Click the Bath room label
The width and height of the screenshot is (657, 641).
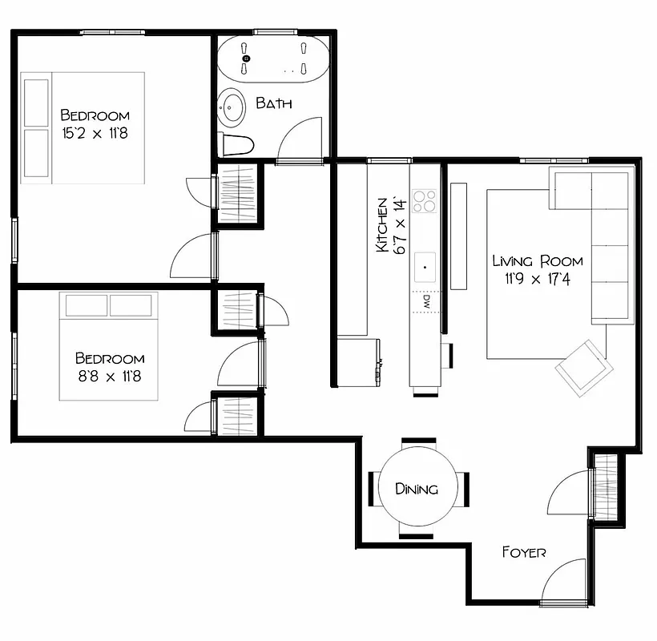coord(274,103)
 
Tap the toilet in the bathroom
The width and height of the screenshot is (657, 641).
coord(236,145)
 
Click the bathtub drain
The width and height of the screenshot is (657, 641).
coord(246,58)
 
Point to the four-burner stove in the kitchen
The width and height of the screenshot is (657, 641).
coord(424,200)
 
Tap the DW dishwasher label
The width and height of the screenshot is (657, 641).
coord(425,303)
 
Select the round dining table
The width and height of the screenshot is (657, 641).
coord(417,488)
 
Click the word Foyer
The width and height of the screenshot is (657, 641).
coord(524,552)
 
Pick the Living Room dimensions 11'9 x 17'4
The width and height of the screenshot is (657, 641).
coord(537,279)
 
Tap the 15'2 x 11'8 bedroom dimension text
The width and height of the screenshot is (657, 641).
coord(95,133)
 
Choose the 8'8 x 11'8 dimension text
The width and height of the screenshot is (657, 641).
coord(109,376)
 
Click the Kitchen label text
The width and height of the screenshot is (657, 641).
coord(382,225)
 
